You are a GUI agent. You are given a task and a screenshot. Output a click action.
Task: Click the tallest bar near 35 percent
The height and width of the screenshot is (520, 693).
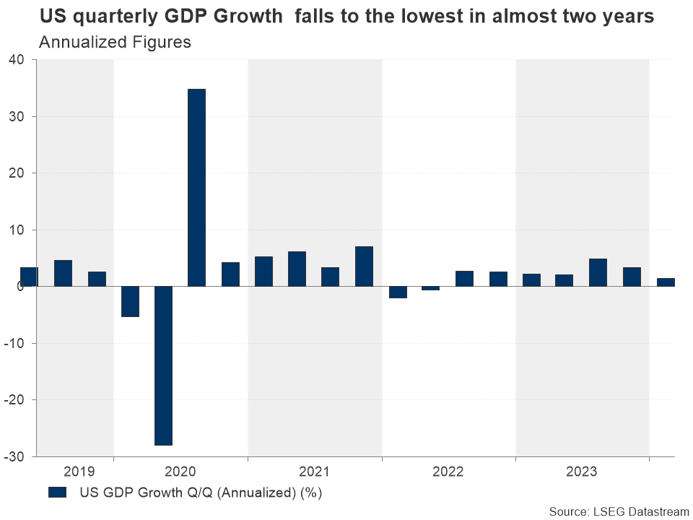(196, 188)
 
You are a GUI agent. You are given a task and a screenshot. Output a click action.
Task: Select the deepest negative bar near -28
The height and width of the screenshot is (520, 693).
(163, 365)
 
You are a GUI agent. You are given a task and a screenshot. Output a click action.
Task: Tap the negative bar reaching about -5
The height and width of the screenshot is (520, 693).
(130, 301)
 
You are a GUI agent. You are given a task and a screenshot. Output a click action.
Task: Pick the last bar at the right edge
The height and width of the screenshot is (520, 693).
(666, 282)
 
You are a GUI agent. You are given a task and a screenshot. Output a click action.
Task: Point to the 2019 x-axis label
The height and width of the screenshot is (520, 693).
(79, 472)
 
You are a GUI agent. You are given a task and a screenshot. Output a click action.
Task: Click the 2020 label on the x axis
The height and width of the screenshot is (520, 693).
(180, 472)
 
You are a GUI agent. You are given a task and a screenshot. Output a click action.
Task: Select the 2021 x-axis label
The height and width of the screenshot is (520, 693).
(314, 472)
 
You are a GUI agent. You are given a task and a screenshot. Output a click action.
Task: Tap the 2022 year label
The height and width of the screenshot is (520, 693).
(448, 472)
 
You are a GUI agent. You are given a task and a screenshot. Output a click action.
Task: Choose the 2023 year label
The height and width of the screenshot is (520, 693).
(582, 472)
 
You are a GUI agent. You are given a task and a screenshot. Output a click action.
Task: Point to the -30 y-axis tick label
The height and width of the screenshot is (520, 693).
(15, 457)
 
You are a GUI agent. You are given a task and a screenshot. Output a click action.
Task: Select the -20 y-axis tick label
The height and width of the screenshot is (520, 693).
(15, 400)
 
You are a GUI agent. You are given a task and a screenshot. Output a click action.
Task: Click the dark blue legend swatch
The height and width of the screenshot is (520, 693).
(57, 493)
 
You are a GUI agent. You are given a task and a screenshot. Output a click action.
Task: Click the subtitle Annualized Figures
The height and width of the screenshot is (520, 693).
(115, 42)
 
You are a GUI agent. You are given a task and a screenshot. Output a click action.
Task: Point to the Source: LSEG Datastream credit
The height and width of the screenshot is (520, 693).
(619, 511)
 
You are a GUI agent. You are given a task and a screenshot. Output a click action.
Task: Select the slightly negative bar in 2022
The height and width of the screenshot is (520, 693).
(431, 288)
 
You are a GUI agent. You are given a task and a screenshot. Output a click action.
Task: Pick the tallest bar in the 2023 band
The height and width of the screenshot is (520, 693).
(598, 272)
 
